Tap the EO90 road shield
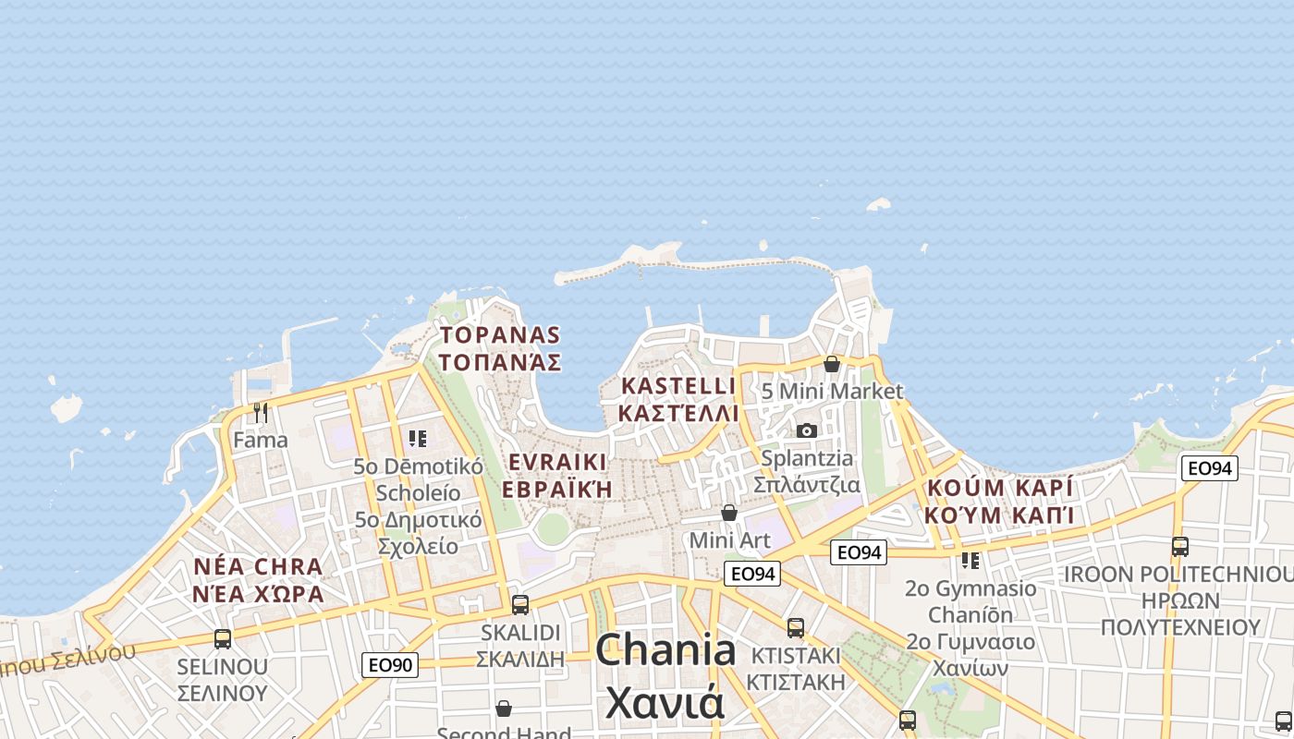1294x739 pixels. click(389, 664)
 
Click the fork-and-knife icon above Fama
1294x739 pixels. click(261, 412)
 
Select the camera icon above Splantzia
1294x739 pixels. click(807, 430)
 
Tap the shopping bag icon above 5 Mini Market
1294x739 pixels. click(832, 364)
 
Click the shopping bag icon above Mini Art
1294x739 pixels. click(729, 513)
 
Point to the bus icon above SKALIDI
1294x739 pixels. click(520, 605)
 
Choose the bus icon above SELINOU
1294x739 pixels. click(223, 638)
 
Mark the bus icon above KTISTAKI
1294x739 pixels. click(796, 628)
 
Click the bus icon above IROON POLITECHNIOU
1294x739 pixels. click(1180, 547)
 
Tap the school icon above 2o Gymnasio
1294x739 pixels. click(970, 560)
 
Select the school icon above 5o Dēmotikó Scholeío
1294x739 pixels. click(418, 439)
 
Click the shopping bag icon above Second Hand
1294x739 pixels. click(504, 709)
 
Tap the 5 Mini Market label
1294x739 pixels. click(832, 391)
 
